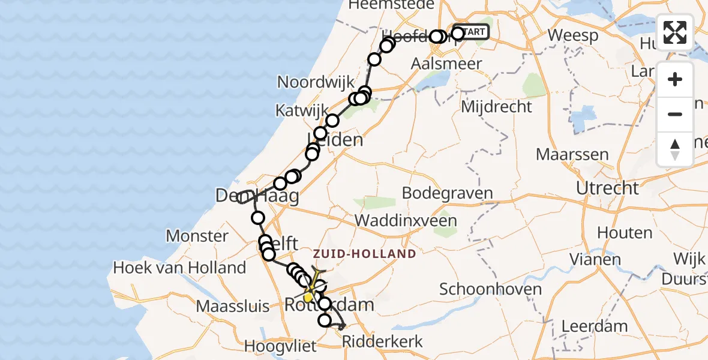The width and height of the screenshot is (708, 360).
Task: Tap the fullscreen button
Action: click(x=675, y=32)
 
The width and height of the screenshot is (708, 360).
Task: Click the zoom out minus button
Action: click(x=675, y=114)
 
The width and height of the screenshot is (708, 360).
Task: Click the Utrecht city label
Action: click(x=607, y=188)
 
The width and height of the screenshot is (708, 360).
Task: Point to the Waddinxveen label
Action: click(x=406, y=220)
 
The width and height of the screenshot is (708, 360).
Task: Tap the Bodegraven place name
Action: click(x=447, y=193)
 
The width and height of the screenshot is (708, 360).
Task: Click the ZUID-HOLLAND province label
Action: click(x=364, y=254)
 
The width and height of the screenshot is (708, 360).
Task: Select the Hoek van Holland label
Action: click(x=180, y=268)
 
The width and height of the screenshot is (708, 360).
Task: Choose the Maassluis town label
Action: click(x=233, y=307)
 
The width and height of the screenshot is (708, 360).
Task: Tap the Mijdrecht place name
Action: click(x=496, y=107)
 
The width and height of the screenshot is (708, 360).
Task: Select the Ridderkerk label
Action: click(x=382, y=342)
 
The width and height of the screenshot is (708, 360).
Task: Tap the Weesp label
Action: click(x=573, y=35)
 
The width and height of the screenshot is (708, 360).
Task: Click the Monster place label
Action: click(x=197, y=236)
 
